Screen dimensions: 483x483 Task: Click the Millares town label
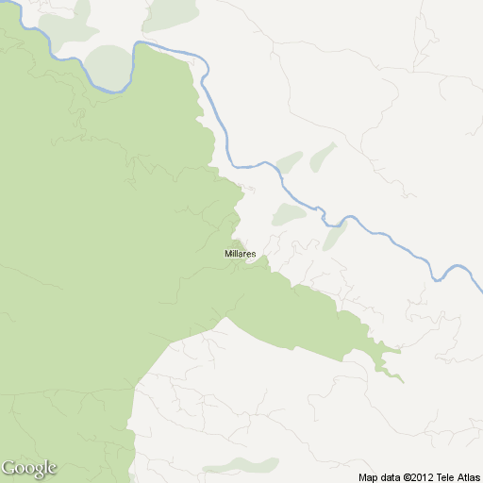241,254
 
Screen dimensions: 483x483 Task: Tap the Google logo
28,468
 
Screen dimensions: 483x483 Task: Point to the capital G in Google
8,467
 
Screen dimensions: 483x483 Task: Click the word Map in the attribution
368,476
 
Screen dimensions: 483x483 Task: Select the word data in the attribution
391,476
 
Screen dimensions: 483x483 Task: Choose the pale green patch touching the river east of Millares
334,236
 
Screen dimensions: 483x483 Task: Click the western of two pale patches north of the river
289,162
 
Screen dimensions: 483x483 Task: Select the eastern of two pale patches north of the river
323,157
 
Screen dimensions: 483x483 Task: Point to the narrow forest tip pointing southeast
396,375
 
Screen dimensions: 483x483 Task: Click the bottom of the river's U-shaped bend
115,92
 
